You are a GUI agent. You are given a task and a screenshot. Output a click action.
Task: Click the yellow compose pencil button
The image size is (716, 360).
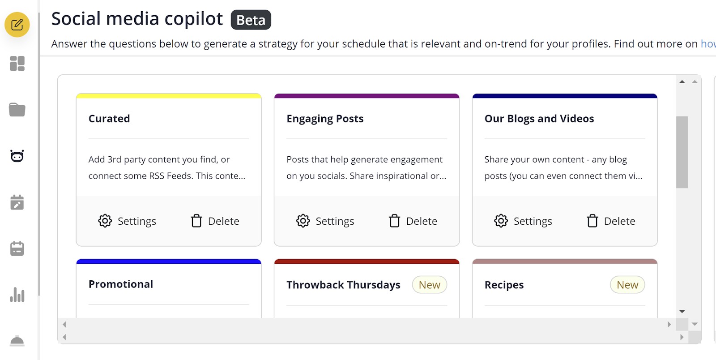click(x=17, y=25)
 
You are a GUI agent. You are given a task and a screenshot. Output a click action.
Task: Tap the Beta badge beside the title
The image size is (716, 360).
click(x=251, y=20)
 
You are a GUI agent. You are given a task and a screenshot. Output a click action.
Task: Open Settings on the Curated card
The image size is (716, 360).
click(x=127, y=221)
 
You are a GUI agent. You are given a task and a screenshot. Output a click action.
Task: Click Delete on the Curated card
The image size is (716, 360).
click(x=215, y=221)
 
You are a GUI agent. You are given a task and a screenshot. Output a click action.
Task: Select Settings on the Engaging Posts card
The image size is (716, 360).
click(x=325, y=221)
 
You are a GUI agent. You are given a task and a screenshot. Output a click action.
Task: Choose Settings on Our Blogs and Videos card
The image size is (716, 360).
click(x=523, y=221)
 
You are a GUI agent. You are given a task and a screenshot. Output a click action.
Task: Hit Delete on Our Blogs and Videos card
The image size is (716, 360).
click(x=611, y=221)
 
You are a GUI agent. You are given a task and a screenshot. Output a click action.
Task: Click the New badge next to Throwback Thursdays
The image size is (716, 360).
click(x=429, y=284)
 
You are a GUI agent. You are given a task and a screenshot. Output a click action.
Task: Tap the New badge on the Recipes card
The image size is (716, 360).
click(x=627, y=284)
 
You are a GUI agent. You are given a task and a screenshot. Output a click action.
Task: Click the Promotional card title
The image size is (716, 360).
click(x=121, y=284)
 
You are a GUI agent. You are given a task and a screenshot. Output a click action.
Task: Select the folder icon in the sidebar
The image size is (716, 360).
click(x=17, y=110)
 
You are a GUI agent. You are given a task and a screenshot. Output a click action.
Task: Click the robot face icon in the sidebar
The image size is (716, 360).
click(x=17, y=156)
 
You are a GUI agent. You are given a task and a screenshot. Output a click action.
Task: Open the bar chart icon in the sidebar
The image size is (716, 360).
click(x=17, y=295)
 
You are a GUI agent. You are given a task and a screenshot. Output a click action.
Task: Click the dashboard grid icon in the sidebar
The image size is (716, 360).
click(x=17, y=63)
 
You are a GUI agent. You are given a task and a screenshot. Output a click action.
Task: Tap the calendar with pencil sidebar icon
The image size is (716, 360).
click(x=17, y=202)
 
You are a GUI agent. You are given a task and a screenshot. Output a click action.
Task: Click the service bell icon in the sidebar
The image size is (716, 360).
click(x=17, y=341)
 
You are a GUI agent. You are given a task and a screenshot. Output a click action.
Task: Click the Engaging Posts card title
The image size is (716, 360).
click(x=325, y=119)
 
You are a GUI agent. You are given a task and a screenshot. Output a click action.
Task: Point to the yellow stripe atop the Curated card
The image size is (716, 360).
click(x=169, y=95)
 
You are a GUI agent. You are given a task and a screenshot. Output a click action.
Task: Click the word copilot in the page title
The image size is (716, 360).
click(x=194, y=18)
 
